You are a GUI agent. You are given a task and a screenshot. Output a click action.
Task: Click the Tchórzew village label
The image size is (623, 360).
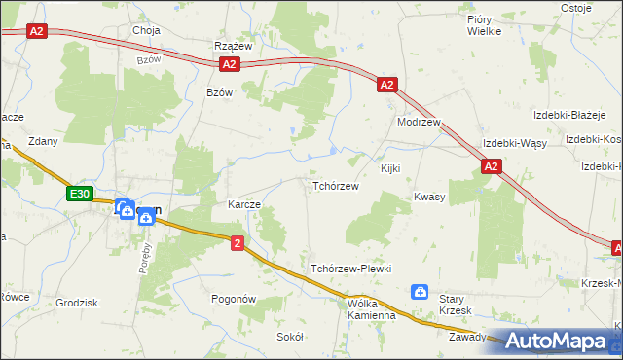[x=336, y=186]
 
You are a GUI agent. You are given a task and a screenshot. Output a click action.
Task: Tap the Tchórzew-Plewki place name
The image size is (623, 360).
[x=350, y=269]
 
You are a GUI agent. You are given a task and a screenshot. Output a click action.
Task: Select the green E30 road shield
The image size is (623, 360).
[x=80, y=195]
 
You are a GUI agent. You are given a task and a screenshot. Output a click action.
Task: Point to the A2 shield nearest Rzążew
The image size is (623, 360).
[x=229, y=65]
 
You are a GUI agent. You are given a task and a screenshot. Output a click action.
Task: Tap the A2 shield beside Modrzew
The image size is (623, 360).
[x=386, y=85]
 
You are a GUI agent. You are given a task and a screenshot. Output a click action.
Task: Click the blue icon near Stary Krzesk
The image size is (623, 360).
[x=420, y=291]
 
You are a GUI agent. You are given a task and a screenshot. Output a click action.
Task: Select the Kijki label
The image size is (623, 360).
[x=390, y=169]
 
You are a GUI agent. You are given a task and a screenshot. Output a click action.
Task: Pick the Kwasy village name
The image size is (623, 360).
[x=429, y=197]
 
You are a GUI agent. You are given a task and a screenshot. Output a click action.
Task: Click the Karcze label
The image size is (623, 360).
[x=243, y=205]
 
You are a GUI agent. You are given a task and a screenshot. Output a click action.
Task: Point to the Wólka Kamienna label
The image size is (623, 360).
[x=358, y=308]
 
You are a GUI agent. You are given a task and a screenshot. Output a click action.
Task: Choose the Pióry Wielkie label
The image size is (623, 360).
[x=484, y=24]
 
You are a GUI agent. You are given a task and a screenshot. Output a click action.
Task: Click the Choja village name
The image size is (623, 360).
[x=146, y=30]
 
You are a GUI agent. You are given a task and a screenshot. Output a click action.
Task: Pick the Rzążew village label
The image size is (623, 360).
[x=234, y=46]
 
